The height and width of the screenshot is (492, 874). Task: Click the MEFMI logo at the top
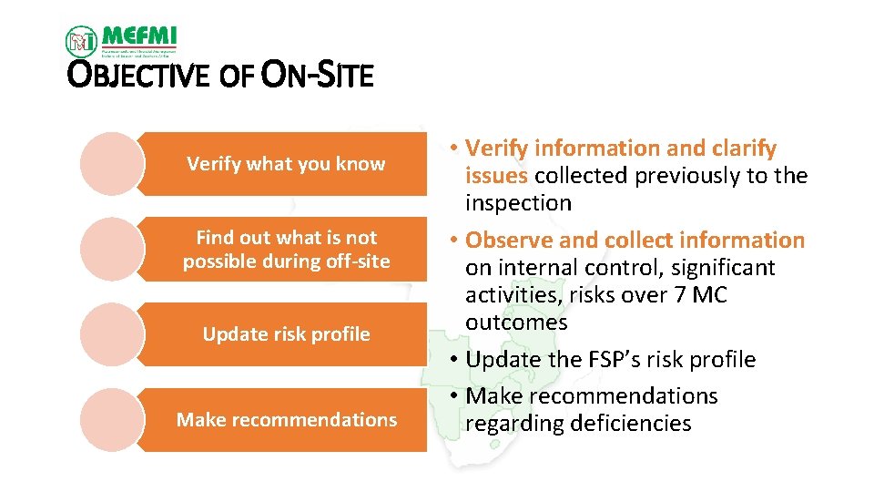121,39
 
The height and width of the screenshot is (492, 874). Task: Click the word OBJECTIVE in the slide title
142,76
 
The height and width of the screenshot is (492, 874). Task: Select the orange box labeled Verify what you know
286,164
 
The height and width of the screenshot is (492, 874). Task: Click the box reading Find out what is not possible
286,250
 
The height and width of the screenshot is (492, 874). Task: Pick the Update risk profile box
286,334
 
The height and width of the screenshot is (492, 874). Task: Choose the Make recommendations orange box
286,420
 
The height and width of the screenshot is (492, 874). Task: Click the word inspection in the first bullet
518,203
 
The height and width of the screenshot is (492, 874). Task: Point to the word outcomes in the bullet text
516,323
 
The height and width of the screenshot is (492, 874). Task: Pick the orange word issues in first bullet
496,176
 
